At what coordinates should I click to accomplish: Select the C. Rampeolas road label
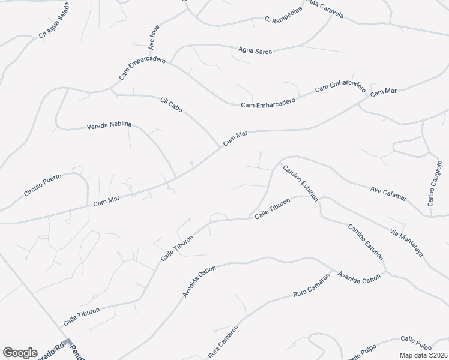point(283,20)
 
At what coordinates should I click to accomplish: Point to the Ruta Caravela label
point(325,8)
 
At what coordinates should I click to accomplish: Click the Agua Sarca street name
point(255,51)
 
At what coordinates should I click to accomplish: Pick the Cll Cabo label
point(171,104)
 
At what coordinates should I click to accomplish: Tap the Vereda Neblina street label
point(109,126)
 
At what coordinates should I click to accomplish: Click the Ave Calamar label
point(388,194)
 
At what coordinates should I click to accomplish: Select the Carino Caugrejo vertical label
point(435,184)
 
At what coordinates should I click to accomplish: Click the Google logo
point(20,353)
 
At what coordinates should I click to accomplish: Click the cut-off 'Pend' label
point(77,351)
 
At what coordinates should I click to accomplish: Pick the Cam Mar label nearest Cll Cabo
point(235,139)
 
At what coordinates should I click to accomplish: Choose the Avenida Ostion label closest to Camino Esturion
point(359,277)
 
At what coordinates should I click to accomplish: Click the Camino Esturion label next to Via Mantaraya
point(365,241)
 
